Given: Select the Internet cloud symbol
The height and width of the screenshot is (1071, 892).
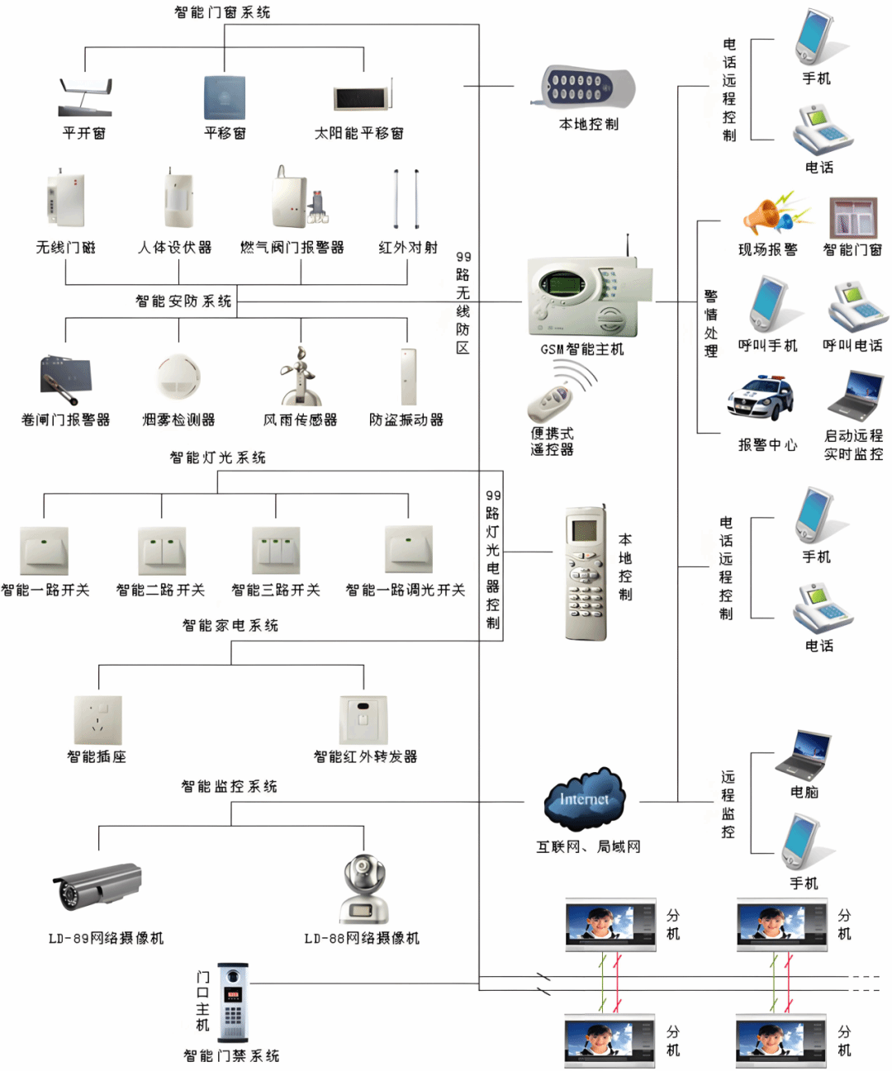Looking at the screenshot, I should [x=585, y=799].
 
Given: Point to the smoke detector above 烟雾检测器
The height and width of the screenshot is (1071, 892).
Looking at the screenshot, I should [x=178, y=377].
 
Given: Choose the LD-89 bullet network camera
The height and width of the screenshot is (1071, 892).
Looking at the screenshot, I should [x=97, y=886].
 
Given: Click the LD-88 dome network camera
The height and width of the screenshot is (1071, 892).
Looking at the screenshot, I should [x=363, y=890].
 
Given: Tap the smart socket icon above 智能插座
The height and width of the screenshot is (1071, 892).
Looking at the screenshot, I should [x=98, y=719].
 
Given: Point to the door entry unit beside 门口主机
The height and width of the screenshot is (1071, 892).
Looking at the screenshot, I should [x=233, y=1002].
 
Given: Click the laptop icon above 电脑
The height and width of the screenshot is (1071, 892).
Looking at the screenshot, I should [x=802, y=755].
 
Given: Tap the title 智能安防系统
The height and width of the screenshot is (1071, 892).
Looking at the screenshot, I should [x=183, y=301].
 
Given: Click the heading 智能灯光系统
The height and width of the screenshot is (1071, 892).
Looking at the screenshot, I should [x=218, y=457].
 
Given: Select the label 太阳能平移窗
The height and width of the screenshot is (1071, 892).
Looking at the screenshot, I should [x=359, y=133].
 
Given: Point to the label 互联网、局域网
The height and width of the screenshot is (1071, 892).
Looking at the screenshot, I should [x=588, y=846].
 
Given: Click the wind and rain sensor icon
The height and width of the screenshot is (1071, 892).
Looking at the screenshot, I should [x=298, y=376].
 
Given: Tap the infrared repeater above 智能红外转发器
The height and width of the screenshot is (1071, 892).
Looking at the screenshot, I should [x=363, y=719].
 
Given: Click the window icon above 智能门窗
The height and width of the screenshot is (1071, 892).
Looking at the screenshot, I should [x=853, y=218].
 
